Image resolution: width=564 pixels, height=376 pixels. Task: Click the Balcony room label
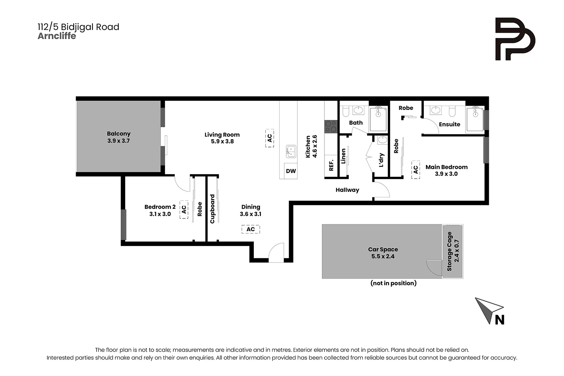point(118,133)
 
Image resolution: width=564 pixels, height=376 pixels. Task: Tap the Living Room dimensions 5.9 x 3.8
point(222,142)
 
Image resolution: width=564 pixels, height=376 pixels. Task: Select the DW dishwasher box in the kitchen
point(291,171)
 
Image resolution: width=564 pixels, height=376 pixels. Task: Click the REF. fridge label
point(331,165)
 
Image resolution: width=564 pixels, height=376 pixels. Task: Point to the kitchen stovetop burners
point(331,126)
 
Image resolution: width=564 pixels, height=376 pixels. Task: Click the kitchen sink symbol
point(291,151)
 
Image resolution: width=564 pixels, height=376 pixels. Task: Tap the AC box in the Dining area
point(250,229)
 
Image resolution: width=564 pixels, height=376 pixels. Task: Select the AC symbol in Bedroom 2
point(184,209)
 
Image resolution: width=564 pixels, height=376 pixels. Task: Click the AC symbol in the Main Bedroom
point(415,170)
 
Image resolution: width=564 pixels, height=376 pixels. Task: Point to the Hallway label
point(347,190)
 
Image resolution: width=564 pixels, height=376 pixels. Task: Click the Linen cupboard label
point(343,156)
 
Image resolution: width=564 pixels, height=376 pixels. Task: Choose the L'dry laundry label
point(381,160)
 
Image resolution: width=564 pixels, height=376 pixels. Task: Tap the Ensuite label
point(449,124)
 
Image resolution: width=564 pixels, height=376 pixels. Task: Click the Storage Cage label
point(449,252)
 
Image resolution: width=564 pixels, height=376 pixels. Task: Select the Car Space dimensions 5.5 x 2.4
point(383,256)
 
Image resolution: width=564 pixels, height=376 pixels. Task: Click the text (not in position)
point(393,283)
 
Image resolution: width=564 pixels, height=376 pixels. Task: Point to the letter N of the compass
point(500,320)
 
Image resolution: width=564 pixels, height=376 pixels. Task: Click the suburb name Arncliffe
point(57,36)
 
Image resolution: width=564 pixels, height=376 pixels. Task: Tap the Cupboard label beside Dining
point(212,209)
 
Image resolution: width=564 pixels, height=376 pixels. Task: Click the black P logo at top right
point(515,39)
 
